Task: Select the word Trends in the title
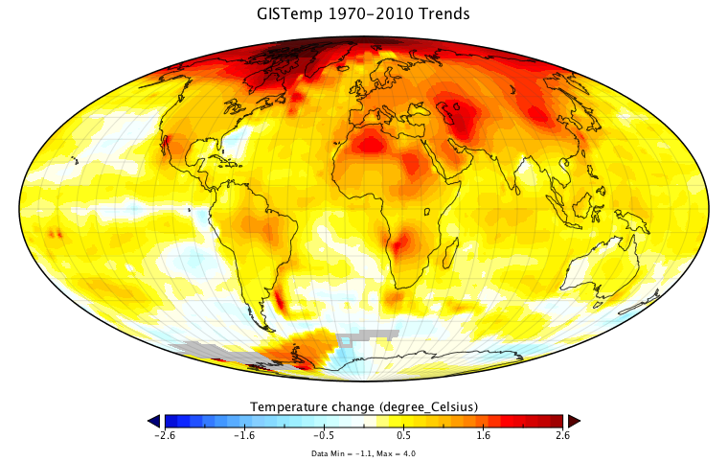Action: coord(446,15)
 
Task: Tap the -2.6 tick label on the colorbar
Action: coord(165,435)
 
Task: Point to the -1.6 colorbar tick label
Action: coord(244,435)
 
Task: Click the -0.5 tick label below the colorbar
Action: coord(324,435)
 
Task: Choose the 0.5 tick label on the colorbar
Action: coord(403,435)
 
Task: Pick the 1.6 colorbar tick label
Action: coord(483,435)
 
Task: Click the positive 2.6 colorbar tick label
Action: coord(562,435)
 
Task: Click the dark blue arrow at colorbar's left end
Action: coord(154,421)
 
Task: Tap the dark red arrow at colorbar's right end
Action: coord(574,421)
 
